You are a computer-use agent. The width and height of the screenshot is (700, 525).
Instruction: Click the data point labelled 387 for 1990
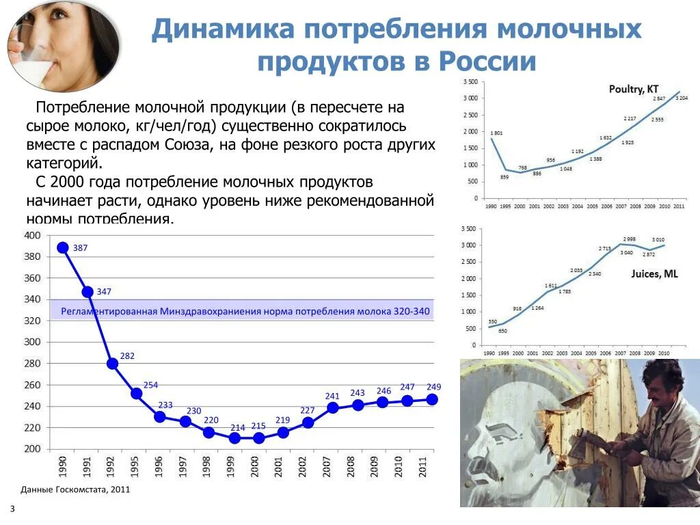(x=63, y=247)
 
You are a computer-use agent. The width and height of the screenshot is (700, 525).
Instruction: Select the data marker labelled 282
(x=112, y=363)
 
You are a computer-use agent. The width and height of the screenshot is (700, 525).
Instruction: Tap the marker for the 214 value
(x=234, y=437)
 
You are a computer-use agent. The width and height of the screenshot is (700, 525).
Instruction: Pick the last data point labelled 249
(x=431, y=399)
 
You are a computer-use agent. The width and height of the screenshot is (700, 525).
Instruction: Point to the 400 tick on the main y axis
(x=32, y=235)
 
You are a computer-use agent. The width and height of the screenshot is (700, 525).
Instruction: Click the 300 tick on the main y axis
(x=32, y=342)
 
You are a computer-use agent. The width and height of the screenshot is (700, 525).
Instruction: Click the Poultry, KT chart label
(x=634, y=89)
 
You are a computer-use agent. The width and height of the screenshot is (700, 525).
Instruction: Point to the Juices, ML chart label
(x=654, y=274)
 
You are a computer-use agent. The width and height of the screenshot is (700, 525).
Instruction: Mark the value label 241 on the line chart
(x=332, y=396)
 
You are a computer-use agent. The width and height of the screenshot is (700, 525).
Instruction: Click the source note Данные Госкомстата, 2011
(x=75, y=489)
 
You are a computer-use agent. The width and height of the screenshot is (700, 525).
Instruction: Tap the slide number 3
(x=12, y=509)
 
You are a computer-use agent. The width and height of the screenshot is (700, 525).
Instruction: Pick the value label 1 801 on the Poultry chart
(x=496, y=133)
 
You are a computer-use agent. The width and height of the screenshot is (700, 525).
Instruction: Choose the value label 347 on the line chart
(x=104, y=292)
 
